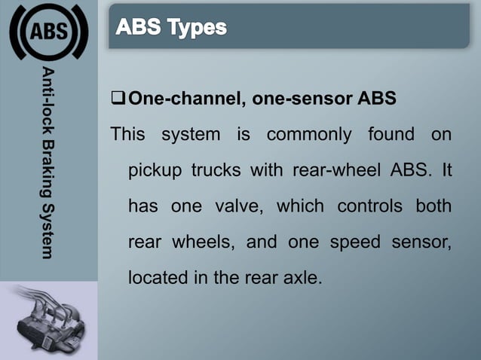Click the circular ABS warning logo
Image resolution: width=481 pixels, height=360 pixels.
tap(48, 31)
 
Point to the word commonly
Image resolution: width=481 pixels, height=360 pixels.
tap(310, 135)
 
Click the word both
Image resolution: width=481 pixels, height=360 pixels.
tap(434, 206)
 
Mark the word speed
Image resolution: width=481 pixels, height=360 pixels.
tap(357, 241)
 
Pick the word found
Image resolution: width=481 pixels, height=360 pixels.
tap(391, 135)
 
